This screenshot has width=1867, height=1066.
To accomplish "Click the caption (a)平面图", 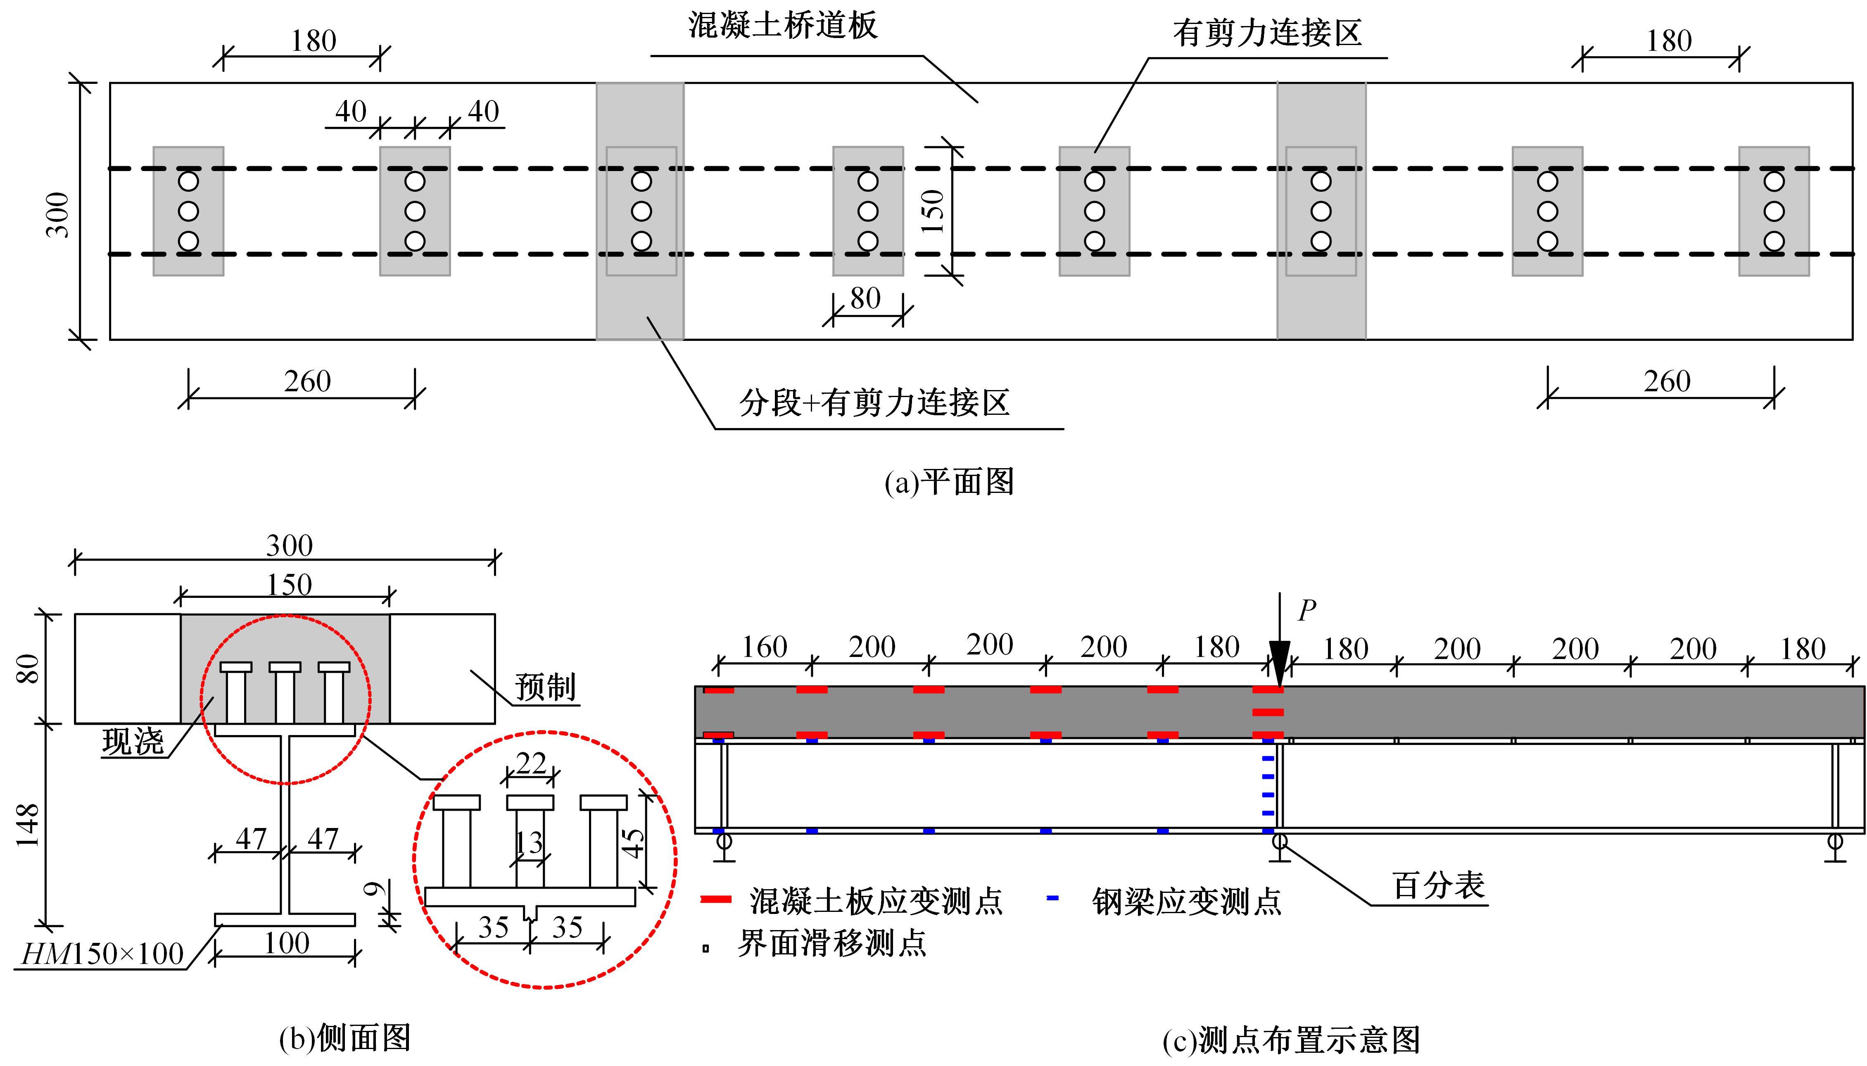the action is (949, 482).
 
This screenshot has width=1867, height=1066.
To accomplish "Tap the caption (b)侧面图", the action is (345, 1037).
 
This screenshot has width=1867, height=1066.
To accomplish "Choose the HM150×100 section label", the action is (102, 954).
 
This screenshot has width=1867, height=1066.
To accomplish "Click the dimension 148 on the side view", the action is (28, 825).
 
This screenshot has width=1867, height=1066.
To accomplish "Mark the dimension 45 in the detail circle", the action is (633, 842).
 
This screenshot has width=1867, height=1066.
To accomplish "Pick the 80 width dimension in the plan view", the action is (866, 298).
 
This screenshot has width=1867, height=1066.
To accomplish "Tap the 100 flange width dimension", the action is (286, 943).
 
